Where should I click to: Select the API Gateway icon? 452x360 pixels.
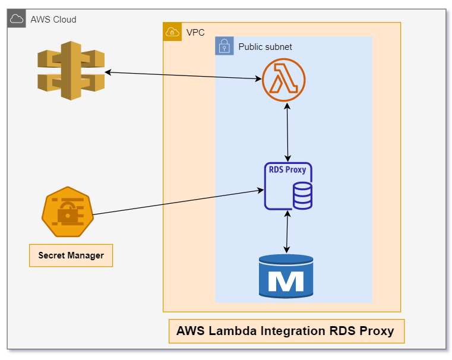pyautogui.click(x=71, y=71)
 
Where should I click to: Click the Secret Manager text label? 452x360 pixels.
pyautogui.click(x=71, y=255)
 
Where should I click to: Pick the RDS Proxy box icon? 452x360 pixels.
pyautogui.click(x=288, y=186)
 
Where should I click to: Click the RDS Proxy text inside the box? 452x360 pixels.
pyautogui.click(x=287, y=170)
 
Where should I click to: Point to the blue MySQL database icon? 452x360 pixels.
pyautogui.click(x=286, y=276)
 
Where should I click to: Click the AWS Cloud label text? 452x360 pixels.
pyautogui.click(x=53, y=20)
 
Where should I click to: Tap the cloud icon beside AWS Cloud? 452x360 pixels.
pyautogui.click(x=17, y=19)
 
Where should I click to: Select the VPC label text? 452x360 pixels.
pyautogui.click(x=195, y=32)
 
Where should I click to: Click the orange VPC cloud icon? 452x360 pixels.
pyautogui.click(x=172, y=32)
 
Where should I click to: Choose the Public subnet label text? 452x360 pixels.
pyautogui.click(x=265, y=46)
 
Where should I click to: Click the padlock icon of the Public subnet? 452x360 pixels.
pyautogui.click(x=224, y=46)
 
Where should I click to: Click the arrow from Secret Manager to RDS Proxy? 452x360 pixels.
pyautogui.click(x=178, y=203)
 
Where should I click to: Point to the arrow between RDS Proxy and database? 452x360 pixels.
pyautogui.click(x=287, y=232)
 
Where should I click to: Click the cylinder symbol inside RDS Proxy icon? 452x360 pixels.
pyautogui.click(x=302, y=196)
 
